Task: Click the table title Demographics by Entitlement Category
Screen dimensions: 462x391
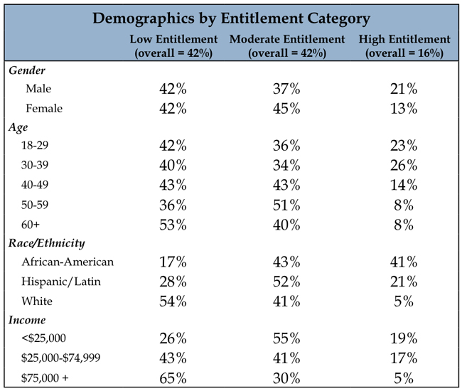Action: coord(231,18)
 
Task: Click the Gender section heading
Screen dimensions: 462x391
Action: coord(27,70)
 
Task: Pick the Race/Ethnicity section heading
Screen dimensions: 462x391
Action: coord(46,243)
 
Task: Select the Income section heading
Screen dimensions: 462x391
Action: coord(27,320)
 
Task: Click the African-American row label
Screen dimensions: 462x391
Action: coord(68,262)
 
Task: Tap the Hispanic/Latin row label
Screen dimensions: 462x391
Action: coord(61,282)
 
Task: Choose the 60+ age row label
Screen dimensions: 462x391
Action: coord(31,225)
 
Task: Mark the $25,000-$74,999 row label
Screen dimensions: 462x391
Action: coord(60,358)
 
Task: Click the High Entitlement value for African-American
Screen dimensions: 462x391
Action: coord(404,262)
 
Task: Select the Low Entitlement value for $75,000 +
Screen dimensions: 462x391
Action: coord(173,378)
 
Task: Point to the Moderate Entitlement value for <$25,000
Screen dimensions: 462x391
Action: coord(286,338)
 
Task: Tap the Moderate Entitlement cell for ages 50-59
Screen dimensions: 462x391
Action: coord(286,205)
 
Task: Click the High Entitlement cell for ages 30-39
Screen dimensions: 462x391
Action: coord(404,166)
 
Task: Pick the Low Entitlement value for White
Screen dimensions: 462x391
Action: coord(173,301)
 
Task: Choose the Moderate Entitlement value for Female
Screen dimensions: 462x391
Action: coord(286,109)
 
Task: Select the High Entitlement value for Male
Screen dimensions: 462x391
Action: coord(404,89)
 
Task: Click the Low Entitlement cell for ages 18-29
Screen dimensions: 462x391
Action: coord(173,146)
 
